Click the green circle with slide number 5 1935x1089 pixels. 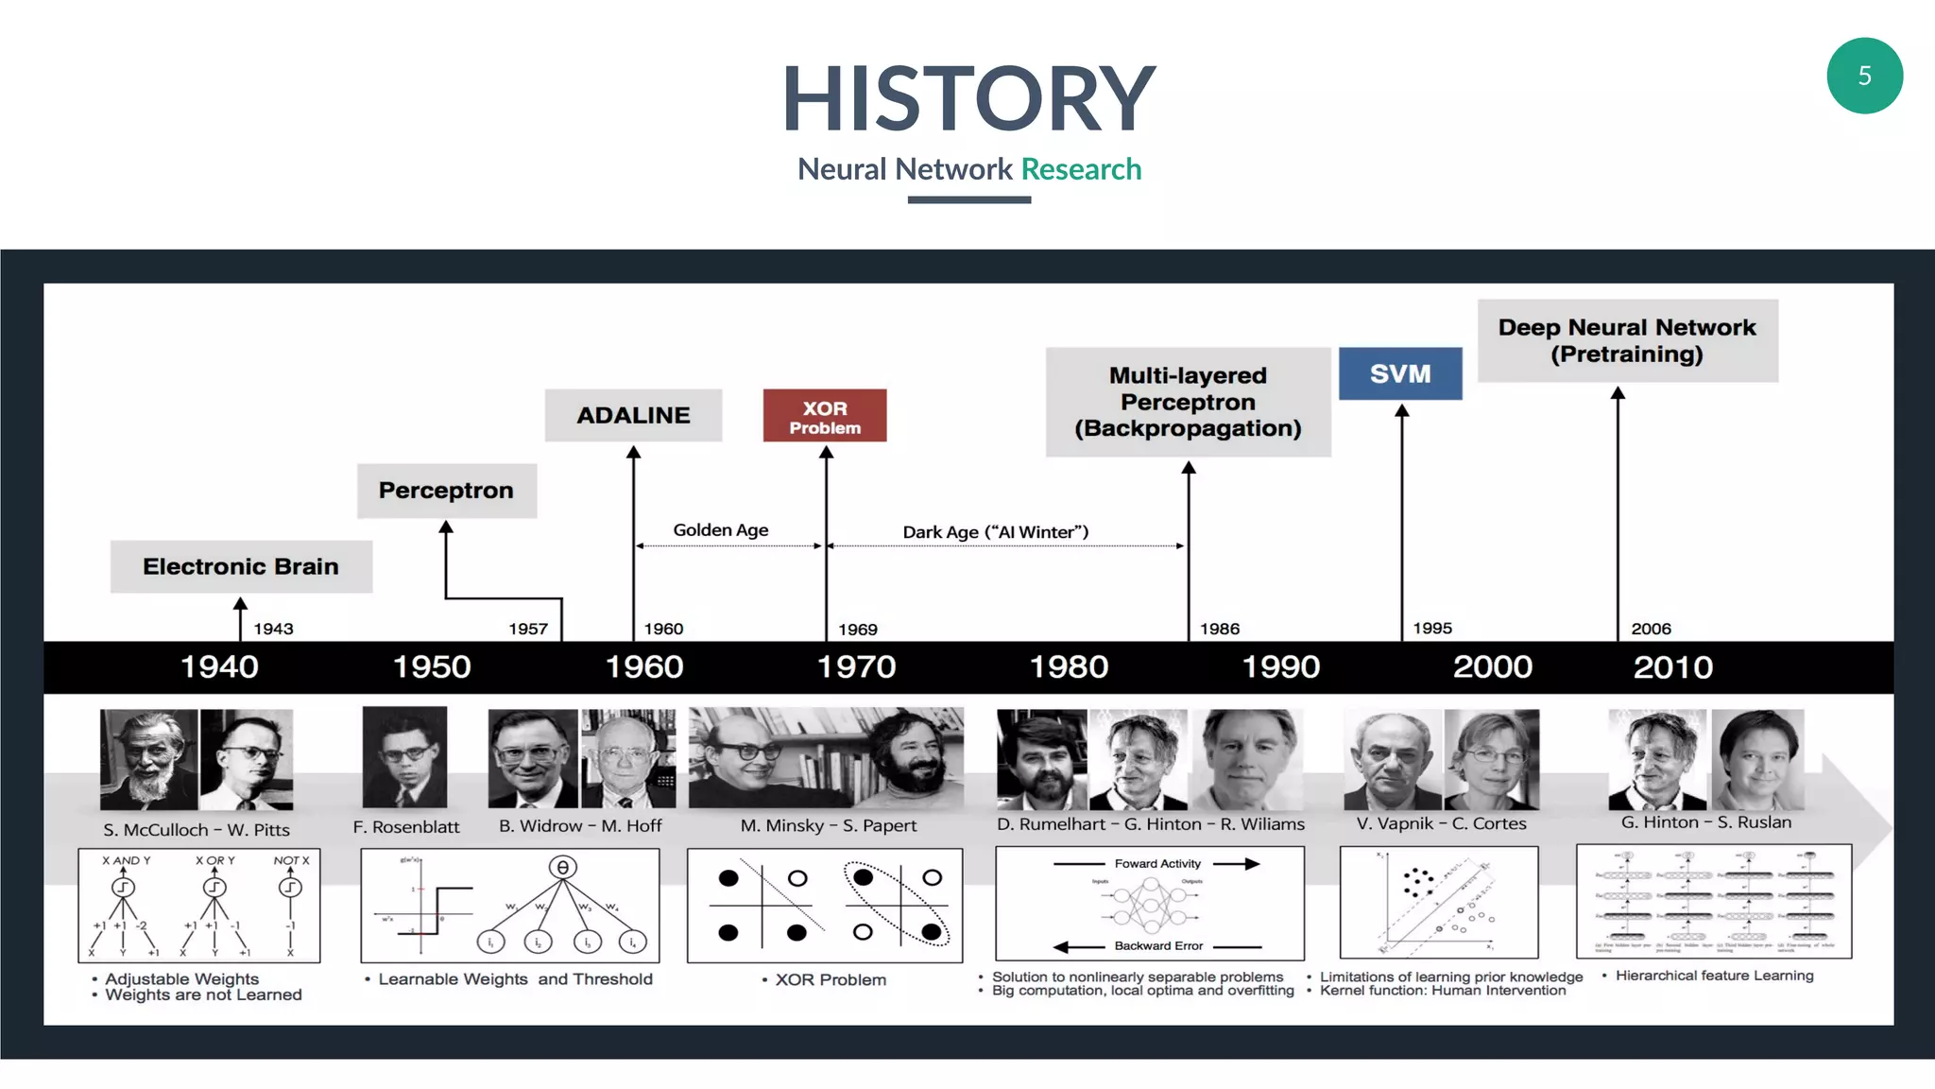(1864, 76)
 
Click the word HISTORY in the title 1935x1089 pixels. (968, 98)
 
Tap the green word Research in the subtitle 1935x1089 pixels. (1081, 169)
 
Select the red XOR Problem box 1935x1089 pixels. (825, 416)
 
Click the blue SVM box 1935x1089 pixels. (1400, 373)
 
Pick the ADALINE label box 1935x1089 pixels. (633, 415)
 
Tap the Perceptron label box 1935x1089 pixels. (446, 491)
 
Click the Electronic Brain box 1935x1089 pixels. (241, 566)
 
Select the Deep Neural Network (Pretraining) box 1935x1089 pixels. (1627, 340)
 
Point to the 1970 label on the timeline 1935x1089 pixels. (856, 667)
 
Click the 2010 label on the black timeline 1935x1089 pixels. (1672, 667)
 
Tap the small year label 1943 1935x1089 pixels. (273, 629)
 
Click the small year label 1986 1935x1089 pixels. (1220, 629)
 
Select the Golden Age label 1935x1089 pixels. (720, 530)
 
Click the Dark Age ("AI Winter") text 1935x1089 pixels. (995, 532)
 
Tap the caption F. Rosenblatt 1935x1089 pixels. (406, 827)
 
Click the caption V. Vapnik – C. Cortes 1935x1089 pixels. (1441, 823)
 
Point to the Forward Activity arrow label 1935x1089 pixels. (1157, 863)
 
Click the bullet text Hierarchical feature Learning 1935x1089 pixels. (1714, 976)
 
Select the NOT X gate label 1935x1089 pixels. (291, 860)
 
